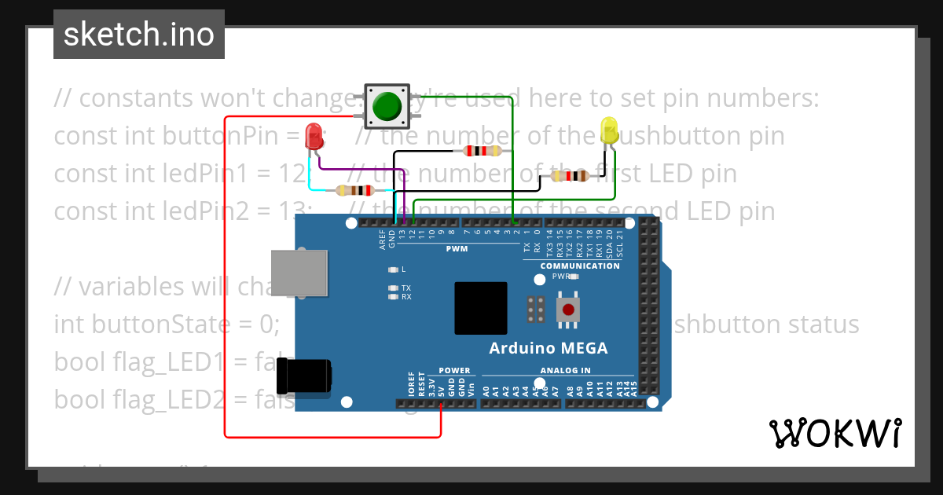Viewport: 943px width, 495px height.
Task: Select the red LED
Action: (x=314, y=135)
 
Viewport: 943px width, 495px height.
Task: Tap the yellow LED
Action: (x=609, y=129)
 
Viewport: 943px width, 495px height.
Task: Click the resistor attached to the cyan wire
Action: (x=354, y=190)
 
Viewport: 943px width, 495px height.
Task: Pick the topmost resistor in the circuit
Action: (x=483, y=151)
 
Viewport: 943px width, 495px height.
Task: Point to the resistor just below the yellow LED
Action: (x=570, y=176)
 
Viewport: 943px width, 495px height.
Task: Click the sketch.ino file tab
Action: (x=139, y=35)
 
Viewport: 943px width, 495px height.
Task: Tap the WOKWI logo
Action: (x=835, y=433)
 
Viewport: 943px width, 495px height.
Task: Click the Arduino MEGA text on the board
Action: (x=548, y=348)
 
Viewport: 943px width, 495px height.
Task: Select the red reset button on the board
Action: (x=567, y=309)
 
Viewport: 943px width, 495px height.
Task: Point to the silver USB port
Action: (x=299, y=273)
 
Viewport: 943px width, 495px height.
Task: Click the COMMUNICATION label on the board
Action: (x=580, y=266)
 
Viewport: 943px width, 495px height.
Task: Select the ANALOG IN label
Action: (x=565, y=371)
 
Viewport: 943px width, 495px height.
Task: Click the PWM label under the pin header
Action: (x=457, y=249)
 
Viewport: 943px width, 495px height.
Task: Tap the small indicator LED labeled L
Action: (x=394, y=269)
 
